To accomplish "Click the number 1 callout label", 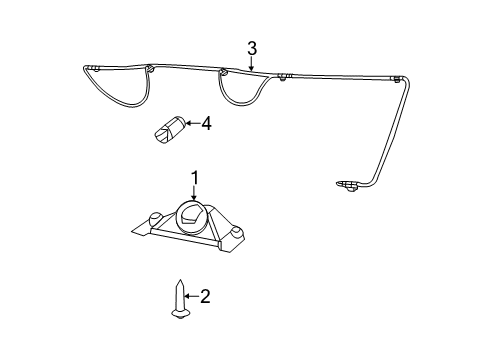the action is [195, 177].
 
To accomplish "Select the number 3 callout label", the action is [252, 47].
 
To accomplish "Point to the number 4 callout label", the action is [206, 124].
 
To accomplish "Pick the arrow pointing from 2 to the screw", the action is [192, 296].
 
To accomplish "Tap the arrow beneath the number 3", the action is [252, 62].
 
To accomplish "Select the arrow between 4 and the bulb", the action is [191, 125].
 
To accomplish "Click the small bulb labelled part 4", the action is [170, 131].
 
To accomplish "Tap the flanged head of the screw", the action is [181, 314].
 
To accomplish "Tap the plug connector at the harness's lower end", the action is [347, 185].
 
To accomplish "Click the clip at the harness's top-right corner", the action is [398, 78].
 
